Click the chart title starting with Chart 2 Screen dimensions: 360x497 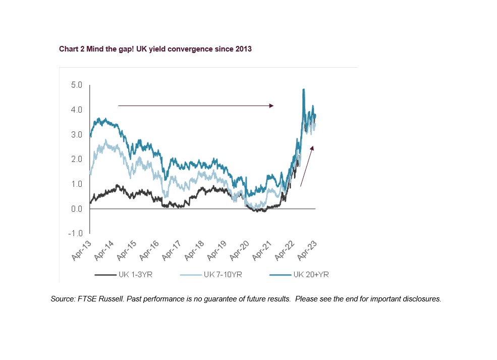click(x=155, y=49)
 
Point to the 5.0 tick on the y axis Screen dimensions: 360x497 click(x=76, y=85)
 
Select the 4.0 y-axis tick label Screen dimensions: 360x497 click(x=76, y=110)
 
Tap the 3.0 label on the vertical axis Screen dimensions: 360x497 click(x=76, y=134)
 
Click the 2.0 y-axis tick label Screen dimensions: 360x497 click(x=76, y=159)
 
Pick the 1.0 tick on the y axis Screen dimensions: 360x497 click(x=76, y=184)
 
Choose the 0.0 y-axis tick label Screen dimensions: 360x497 click(x=76, y=209)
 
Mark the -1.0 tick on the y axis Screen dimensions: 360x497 click(x=75, y=233)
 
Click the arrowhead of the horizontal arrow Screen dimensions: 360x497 click(x=271, y=106)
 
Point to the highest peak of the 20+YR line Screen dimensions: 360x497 click(x=303, y=89)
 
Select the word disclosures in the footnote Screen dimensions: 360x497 click(x=422, y=299)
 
